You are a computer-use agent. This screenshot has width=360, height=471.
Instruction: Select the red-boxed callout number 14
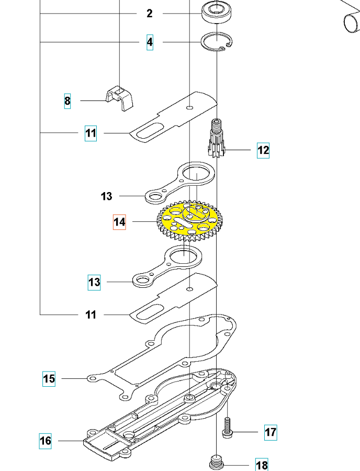pos(119,222)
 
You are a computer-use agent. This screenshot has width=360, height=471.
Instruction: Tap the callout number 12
pos(263,150)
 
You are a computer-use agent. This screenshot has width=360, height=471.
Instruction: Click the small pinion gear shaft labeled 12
pos(216,138)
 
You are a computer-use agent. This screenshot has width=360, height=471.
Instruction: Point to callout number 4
pos(150,42)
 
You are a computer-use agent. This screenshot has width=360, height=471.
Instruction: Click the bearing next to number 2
pos(218,12)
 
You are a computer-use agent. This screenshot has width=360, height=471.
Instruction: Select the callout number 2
pos(150,14)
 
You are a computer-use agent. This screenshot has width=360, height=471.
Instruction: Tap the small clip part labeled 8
pos(120,98)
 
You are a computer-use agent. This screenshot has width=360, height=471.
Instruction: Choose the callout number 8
pos(67,101)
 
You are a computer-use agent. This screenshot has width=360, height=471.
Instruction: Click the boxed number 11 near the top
pos(91,133)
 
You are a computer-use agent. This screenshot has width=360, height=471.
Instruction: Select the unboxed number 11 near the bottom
pos(91,315)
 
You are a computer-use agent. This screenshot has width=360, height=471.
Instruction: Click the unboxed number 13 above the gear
pos(106,196)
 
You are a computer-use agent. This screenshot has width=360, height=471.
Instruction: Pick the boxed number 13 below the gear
pos(94,283)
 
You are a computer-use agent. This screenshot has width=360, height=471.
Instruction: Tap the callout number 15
pos(49,379)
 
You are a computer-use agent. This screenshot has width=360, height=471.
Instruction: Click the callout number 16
pos(46,441)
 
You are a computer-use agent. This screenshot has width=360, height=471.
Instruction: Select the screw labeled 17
pos(227,427)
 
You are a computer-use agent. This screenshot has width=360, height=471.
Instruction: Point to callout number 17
pos(271,433)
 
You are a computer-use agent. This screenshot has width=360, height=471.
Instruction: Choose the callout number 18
pos(262,465)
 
